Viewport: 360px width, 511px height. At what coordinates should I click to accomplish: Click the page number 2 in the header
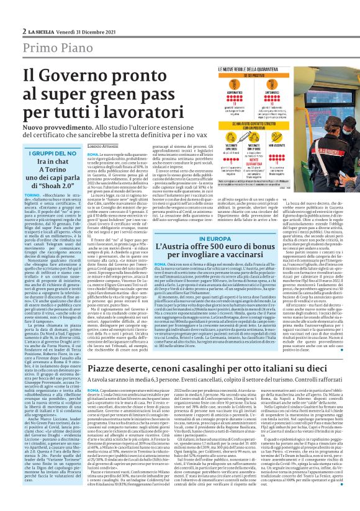pyautogui.click(x=24, y=31)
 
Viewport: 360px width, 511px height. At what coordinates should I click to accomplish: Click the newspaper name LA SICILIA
pyautogui.click(x=42, y=31)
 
